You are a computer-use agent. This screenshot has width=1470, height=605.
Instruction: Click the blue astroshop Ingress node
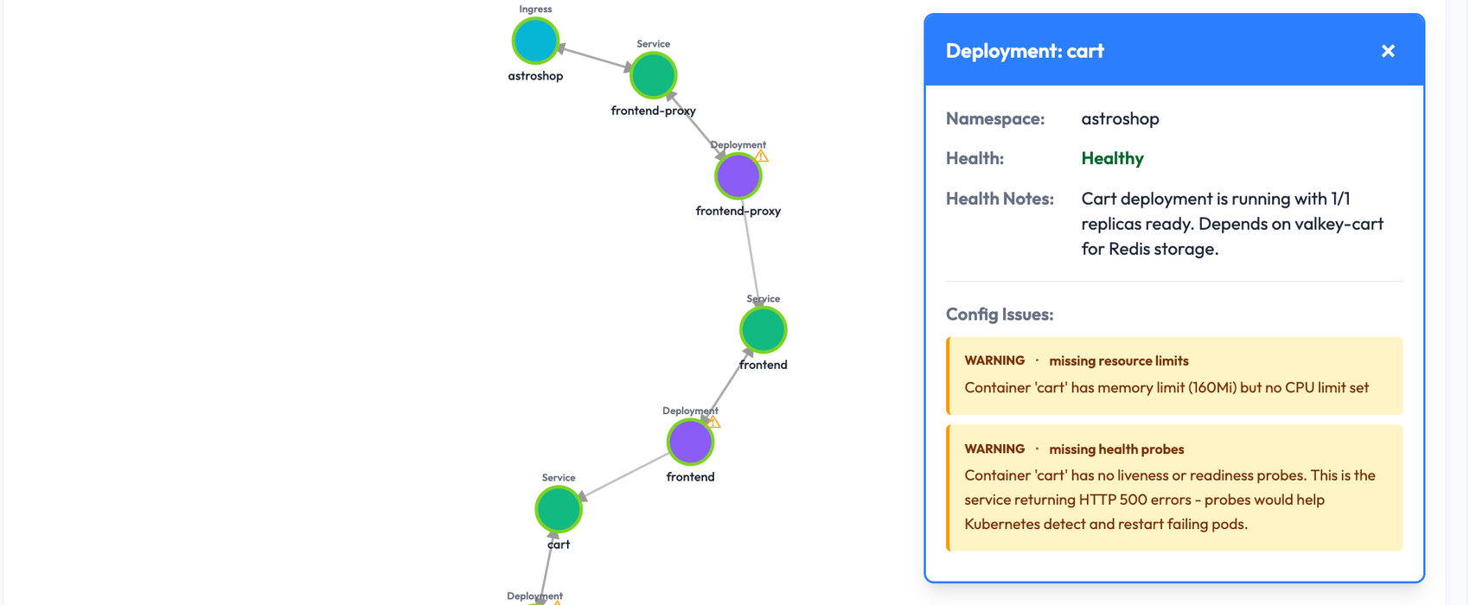click(x=535, y=41)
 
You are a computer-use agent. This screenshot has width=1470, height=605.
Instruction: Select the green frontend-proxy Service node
click(x=653, y=75)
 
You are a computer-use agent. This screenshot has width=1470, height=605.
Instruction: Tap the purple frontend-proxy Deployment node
click(x=738, y=176)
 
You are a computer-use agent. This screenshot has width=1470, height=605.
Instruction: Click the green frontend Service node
click(x=763, y=330)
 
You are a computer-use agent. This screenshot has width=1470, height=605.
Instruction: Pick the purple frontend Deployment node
click(x=690, y=443)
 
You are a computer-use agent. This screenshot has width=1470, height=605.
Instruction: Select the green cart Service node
click(x=558, y=509)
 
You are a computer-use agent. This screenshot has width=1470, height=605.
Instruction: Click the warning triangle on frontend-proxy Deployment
click(x=761, y=156)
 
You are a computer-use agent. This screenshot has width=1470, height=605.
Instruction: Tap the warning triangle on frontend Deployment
click(x=713, y=423)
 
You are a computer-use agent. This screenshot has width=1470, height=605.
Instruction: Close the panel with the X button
click(x=1388, y=51)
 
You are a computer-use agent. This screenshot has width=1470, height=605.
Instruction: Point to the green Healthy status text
click(x=1112, y=158)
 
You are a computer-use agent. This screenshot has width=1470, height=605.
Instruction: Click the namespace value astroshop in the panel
click(x=1120, y=118)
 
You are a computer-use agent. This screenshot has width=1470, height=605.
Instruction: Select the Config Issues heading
click(x=999, y=315)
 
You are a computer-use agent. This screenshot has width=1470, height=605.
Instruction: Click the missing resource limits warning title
click(x=1118, y=360)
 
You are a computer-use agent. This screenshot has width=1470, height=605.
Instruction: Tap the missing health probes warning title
click(x=1116, y=449)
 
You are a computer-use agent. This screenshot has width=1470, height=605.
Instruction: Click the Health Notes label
click(x=1000, y=199)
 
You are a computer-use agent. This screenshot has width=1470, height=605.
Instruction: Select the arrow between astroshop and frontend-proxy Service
click(x=594, y=58)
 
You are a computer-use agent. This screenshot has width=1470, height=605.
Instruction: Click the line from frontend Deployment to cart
click(x=624, y=476)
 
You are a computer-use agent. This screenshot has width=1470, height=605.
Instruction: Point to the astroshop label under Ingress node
click(x=535, y=76)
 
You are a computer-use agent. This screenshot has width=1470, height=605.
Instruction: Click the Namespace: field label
click(x=994, y=118)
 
